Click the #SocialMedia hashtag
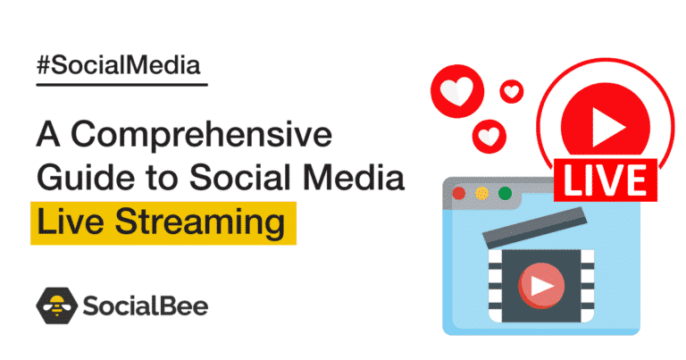(119, 66)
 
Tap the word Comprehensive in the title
(201, 136)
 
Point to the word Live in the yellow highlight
(69, 222)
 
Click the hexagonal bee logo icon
(56, 306)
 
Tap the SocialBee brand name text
(146, 306)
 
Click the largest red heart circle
(457, 91)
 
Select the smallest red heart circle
(512, 91)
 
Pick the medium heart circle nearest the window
(489, 136)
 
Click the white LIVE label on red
(606, 180)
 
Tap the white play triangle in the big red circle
(607, 127)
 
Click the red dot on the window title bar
(459, 193)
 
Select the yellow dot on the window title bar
(481, 193)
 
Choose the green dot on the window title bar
(505, 193)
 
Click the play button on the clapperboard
(541, 286)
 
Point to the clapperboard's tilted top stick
(535, 226)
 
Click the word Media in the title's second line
(354, 177)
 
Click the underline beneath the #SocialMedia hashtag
(121, 85)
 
